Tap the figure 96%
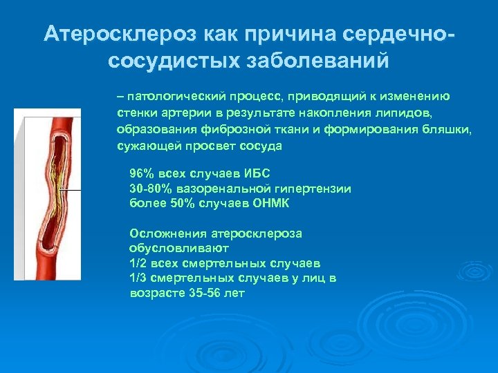[x=141, y=173]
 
